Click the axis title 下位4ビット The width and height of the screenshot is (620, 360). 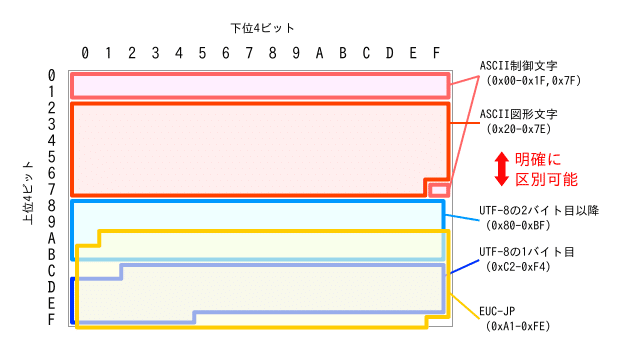[261, 27]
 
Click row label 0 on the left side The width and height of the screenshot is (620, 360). [51, 75]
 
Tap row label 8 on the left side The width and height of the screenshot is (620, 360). [51, 205]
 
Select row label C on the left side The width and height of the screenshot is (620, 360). [51, 270]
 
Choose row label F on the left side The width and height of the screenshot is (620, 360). [51, 319]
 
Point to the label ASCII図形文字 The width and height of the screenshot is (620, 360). [516, 113]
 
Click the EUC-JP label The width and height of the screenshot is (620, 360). [506, 311]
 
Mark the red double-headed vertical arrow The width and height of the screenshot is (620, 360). [502, 169]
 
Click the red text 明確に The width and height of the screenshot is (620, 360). [539, 160]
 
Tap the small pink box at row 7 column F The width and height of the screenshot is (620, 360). [437, 189]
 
